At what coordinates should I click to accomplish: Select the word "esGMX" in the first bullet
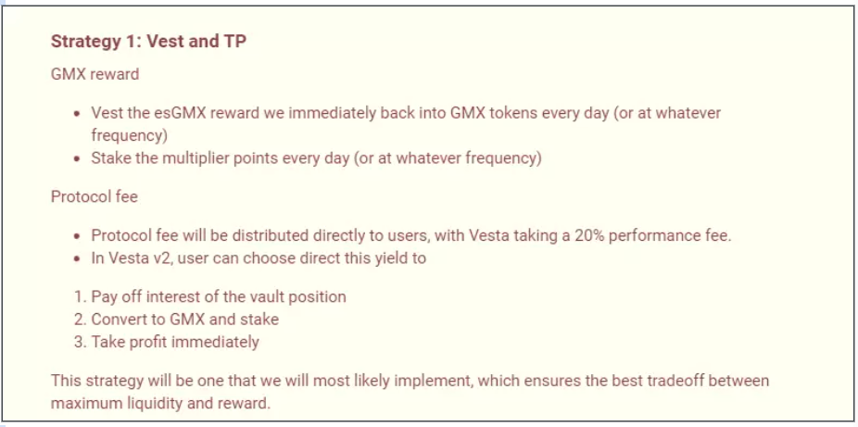pos(159,113)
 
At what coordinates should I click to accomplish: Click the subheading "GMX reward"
pos(95,73)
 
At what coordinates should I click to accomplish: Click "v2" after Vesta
pos(159,258)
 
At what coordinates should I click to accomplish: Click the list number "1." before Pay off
pos(80,297)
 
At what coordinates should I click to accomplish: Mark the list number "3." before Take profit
pos(80,342)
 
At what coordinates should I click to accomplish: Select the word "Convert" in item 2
pos(120,320)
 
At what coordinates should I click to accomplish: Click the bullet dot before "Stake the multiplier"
pos(78,158)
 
